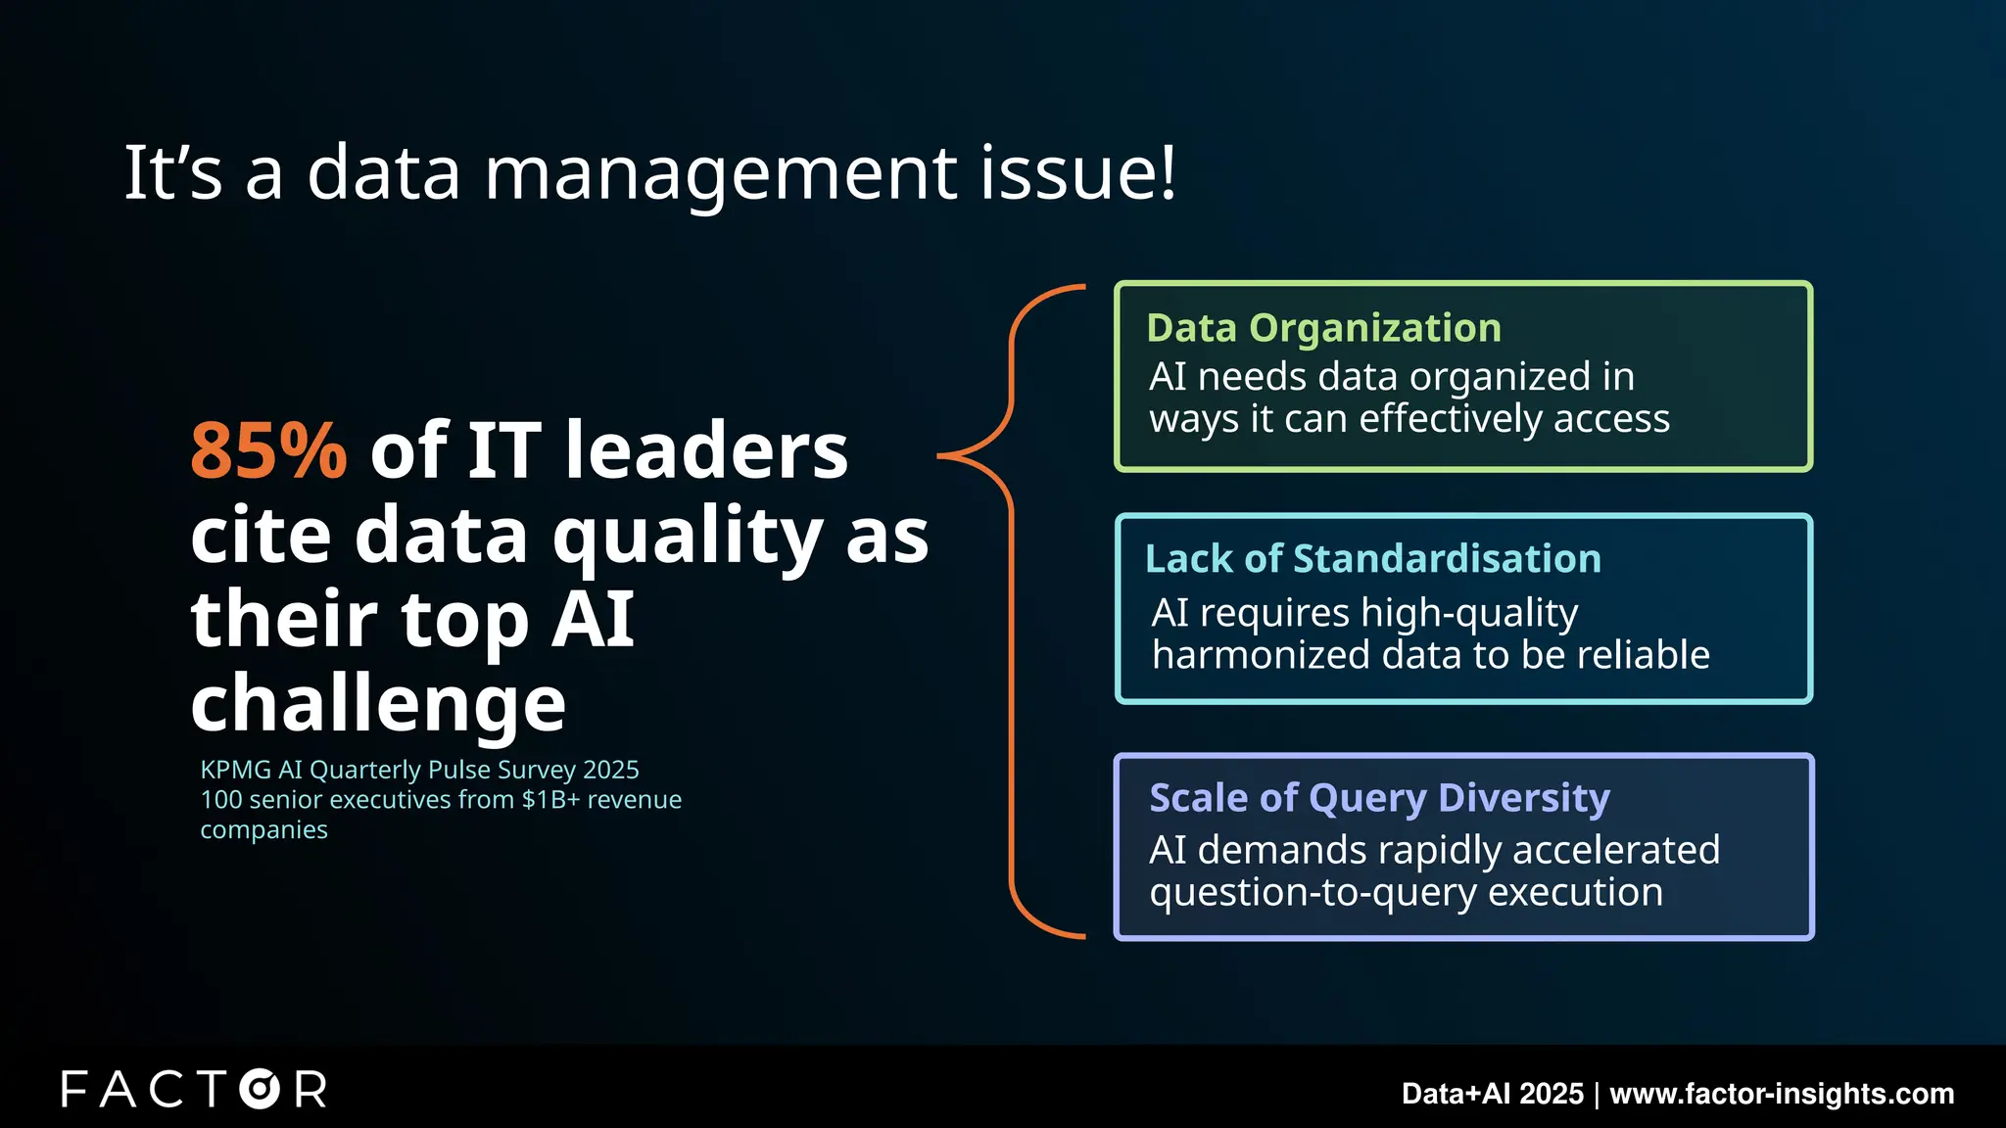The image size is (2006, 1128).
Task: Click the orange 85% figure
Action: point(268,450)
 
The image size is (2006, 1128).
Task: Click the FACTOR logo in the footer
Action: point(194,1090)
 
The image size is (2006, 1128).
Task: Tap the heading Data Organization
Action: point(1323,328)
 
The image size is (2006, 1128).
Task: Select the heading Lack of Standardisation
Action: point(1373,559)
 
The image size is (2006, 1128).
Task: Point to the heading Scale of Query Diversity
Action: point(1379,798)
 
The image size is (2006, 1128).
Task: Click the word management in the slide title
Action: point(720,173)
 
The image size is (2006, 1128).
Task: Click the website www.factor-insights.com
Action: point(1782,1094)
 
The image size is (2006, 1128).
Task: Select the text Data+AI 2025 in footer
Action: point(1492,1094)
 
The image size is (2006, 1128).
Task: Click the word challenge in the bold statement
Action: point(378,703)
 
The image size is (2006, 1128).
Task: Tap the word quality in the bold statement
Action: point(687,537)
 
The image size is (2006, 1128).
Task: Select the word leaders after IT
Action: point(706,450)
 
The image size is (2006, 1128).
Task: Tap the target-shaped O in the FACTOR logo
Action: point(260,1090)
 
